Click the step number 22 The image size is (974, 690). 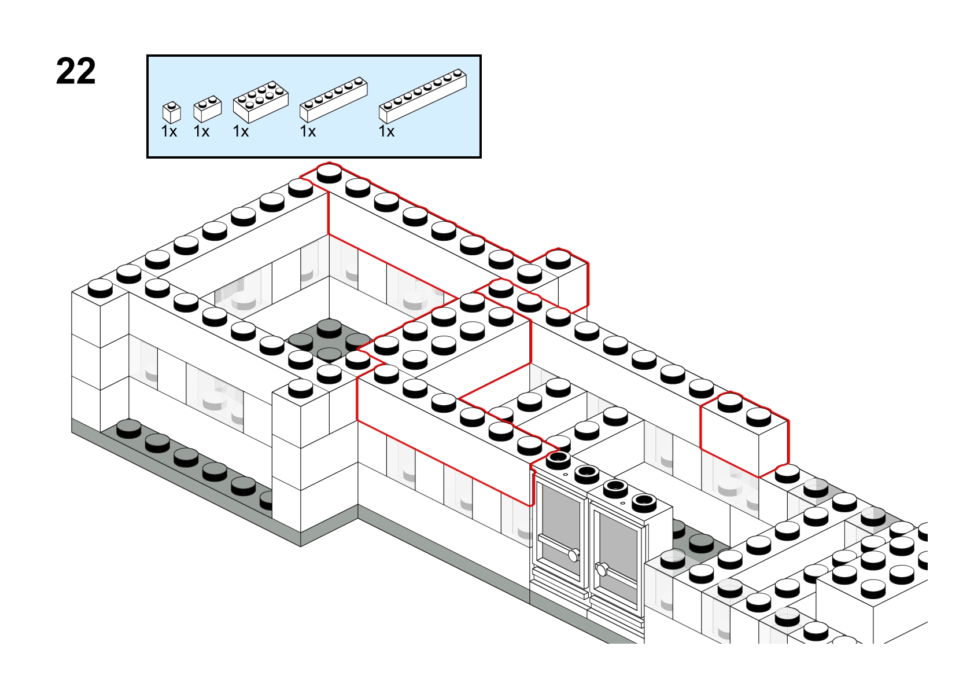(76, 71)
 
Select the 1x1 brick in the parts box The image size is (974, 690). (171, 112)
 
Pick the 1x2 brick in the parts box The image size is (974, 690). (208, 108)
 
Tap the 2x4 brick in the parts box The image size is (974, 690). (260, 101)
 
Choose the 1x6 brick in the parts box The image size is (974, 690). (334, 100)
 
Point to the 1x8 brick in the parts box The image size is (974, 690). (423, 96)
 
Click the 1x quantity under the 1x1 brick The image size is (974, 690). (169, 131)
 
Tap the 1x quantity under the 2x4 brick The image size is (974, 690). (241, 131)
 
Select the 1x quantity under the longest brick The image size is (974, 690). (386, 131)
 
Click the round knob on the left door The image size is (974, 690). (574, 555)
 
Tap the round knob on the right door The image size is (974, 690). (602, 569)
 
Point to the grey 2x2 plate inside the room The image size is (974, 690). (329, 342)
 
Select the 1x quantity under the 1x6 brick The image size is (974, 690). (308, 131)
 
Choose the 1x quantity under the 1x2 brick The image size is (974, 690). (201, 131)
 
